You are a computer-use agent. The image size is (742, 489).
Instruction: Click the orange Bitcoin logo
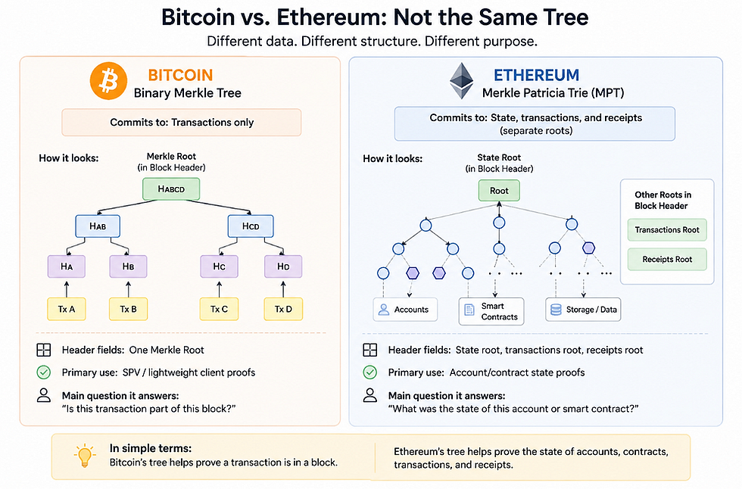[108, 81]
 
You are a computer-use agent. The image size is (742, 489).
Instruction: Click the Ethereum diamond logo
[461, 81]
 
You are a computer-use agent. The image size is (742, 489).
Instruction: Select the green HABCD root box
[171, 189]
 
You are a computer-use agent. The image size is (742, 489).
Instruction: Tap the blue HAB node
[98, 226]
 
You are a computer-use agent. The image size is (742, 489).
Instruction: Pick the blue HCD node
[251, 226]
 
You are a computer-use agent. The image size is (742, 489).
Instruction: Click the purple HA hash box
[67, 266]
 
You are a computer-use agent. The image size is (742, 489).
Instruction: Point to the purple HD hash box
[283, 266]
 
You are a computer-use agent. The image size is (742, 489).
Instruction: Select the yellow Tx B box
[128, 310]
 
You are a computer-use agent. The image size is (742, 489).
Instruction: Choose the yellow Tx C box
[219, 310]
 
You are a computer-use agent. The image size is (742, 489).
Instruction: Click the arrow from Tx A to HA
[67, 289]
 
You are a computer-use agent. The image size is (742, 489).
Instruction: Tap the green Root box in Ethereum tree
[499, 191]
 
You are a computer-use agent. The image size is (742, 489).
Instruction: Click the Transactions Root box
[667, 230]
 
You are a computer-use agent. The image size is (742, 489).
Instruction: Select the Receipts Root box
[667, 259]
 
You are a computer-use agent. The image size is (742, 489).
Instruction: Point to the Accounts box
[405, 310]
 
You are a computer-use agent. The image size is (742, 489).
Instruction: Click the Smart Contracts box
[491, 311]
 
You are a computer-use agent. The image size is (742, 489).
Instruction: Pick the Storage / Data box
[583, 310]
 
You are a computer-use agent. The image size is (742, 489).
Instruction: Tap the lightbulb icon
[85, 456]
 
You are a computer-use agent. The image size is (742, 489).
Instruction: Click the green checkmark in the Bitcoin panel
[44, 372]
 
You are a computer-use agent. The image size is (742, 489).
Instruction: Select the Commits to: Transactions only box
[181, 123]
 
